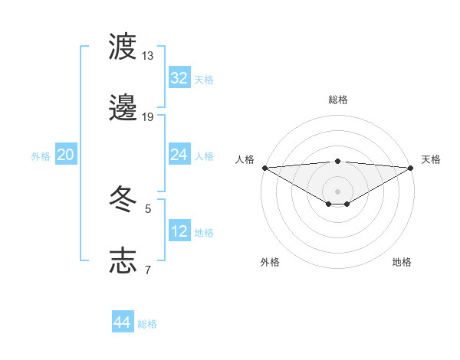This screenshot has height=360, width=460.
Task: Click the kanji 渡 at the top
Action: click(123, 47)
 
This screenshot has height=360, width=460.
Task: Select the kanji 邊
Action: click(123, 109)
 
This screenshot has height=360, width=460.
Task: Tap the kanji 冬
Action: click(123, 200)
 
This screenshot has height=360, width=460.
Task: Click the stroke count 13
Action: click(147, 56)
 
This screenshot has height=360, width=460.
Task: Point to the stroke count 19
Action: click(147, 117)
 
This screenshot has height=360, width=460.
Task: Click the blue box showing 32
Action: click(179, 78)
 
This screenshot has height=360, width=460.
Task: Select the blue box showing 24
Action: click(179, 155)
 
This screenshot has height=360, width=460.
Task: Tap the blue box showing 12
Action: click(179, 231)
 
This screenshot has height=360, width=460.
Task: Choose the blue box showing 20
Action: click(66, 155)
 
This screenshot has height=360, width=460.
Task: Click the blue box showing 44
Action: click(123, 322)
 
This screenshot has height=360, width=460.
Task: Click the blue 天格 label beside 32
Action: click(204, 79)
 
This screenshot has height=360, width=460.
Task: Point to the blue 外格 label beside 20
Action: click(41, 155)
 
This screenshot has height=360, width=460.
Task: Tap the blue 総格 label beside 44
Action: click(147, 323)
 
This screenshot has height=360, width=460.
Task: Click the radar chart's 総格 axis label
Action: click(338, 100)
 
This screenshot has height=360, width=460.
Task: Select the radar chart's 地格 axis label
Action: click(402, 262)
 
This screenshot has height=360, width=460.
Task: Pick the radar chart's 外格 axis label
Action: click(270, 262)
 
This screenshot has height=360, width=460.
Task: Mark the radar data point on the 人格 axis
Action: click(264, 167)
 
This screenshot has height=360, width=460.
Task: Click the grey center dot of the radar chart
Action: click(338, 191)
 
